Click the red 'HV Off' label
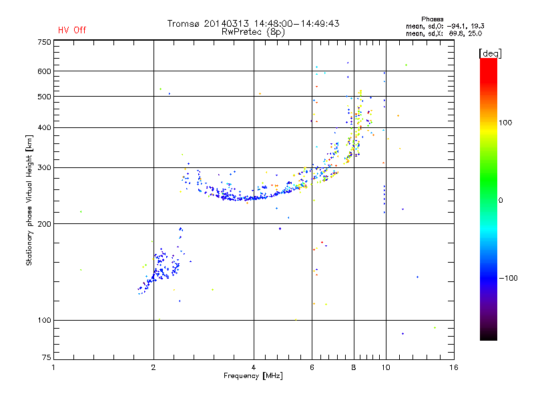(72, 30)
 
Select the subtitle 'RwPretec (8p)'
(253, 32)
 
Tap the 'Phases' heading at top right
(432, 19)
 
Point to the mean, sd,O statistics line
(445, 26)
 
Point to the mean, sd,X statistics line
(444, 33)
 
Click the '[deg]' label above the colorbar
(490, 53)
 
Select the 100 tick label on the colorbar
(505, 123)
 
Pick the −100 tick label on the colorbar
(509, 278)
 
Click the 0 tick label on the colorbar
(501, 200)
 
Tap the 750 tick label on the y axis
(44, 42)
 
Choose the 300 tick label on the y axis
(44, 167)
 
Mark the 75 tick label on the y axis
(47, 357)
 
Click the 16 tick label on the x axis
(454, 367)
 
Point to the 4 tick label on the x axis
(254, 367)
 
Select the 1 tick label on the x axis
(53, 367)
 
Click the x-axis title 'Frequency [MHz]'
(253, 376)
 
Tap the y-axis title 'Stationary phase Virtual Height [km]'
(29, 200)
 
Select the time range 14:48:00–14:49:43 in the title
(296, 23)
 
